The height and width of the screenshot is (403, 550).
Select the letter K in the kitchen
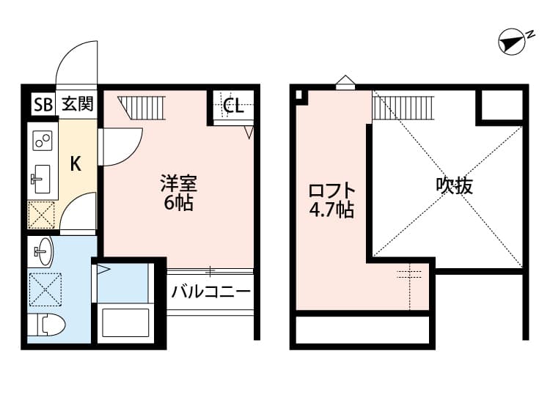76,163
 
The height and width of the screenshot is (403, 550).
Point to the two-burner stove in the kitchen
42,139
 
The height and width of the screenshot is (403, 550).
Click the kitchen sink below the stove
41,177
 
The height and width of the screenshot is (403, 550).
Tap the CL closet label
234,106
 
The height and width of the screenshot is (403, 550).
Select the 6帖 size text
178,204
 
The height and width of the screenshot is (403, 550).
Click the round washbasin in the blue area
43,254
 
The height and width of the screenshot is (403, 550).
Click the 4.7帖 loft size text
331,211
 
